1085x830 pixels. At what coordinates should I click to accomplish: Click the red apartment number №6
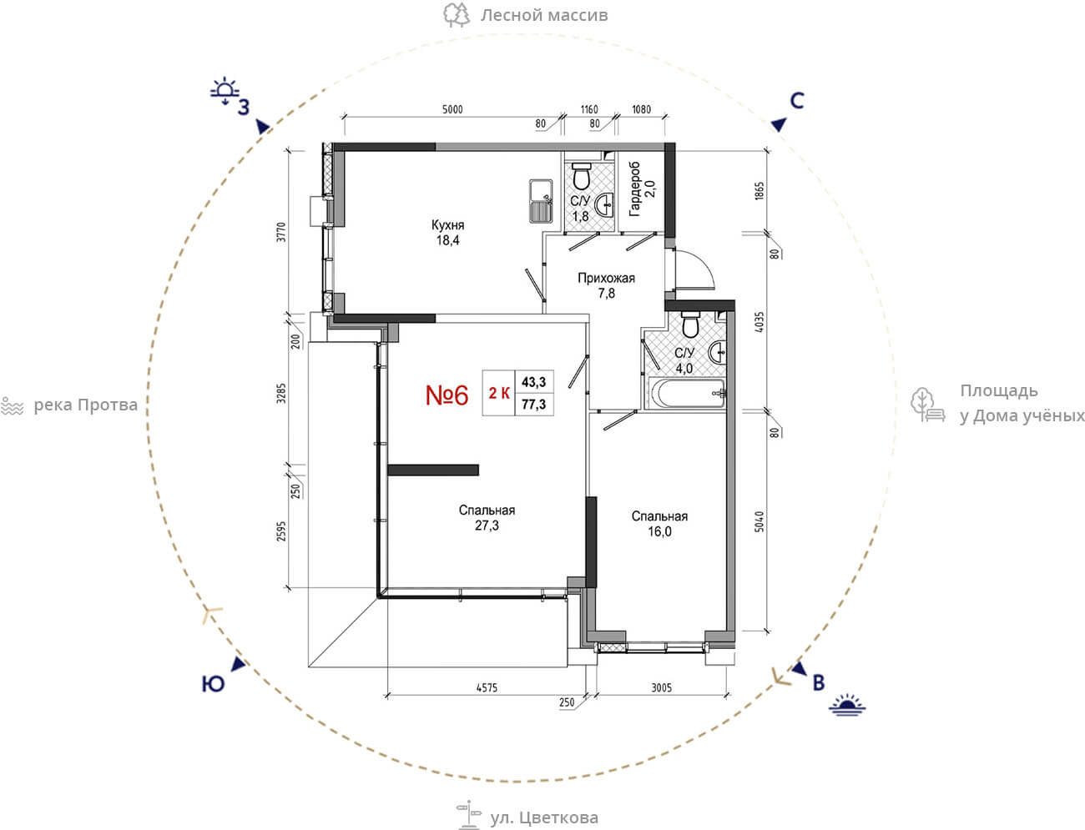click(447, 395)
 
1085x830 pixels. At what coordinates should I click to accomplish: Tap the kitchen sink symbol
click(540, 200)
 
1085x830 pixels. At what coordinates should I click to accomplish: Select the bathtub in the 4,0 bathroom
click(688, 394)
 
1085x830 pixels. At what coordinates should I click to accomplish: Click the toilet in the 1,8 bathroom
click(582, 175)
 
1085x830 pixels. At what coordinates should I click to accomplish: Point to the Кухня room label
click(447, 225)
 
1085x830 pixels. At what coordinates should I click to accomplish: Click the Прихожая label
click(606, 278)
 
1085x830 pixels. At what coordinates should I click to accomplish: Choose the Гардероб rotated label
click(634, 189)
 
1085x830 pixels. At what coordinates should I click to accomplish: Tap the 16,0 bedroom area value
click(659, 531)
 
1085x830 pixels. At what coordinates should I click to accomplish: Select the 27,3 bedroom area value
click(487, 526)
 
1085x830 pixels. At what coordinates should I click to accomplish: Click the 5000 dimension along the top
click(452, 109)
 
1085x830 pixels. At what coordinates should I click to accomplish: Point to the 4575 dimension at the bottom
click(487, 687)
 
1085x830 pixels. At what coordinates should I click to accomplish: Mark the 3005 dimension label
click(661, 687)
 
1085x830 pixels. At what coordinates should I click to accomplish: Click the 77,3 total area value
click(534, 405)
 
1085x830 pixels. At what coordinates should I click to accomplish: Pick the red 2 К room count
click(499, 393)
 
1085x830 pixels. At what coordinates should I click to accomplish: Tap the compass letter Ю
click(213, 684)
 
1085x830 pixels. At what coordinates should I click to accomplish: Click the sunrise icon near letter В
click(847, 705)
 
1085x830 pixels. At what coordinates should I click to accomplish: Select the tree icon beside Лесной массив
click(456, 15)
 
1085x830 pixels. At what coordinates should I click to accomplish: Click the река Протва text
click(85, 405)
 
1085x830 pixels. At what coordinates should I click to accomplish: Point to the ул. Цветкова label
click(544, 817)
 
